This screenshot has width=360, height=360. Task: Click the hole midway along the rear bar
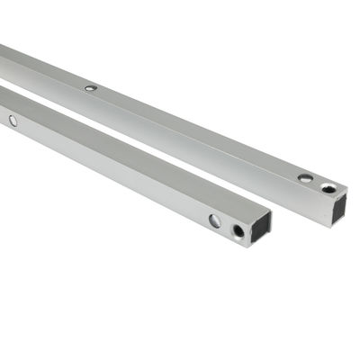tap(91, 88)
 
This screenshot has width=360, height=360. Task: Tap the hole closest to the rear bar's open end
tap(328, 188)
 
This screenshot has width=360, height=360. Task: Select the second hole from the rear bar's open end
tap(306, 178)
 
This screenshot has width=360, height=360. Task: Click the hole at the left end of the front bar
tap(13, 120)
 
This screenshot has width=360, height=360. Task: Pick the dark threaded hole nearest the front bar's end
tap(238, 231)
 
